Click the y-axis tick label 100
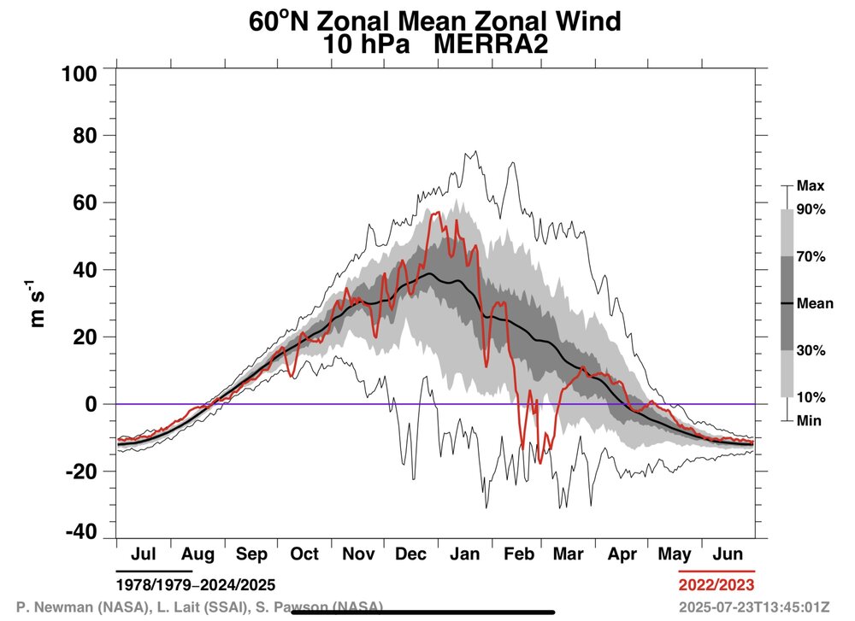pos(80,74)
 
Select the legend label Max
pos(809,185)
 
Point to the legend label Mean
pos(814,303)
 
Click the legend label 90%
pos(811,209)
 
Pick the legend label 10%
pos(811,397)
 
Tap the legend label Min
pos(808,420)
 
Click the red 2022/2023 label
pos(716,585)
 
